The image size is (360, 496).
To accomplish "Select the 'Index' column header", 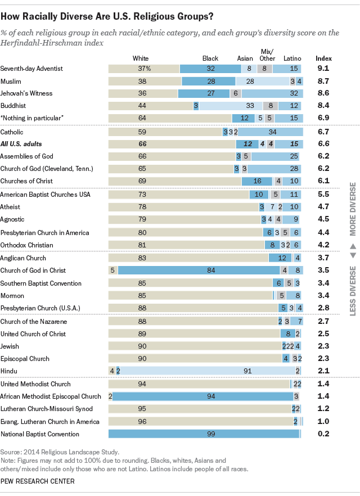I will pos(323,58).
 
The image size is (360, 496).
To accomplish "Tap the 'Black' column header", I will pos(210,58).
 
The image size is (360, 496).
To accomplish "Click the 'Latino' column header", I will pos(292,58).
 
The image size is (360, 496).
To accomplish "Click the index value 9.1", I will pos(323,69).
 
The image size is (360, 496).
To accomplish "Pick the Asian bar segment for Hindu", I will pos(208,371).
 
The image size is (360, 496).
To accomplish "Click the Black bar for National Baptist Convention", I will pos(204,434).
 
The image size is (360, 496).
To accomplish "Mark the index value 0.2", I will pos(323,434).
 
